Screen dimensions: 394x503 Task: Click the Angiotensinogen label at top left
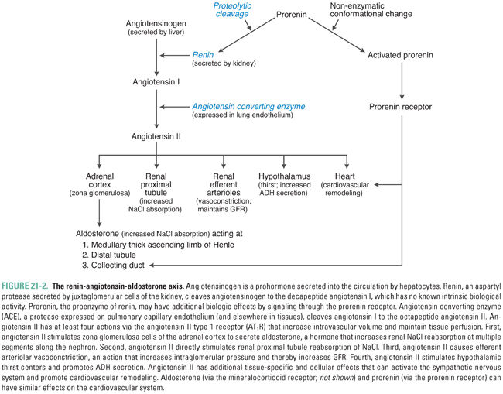(x=157, y=24)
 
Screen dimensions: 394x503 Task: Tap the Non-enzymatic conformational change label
(x=373, y=11)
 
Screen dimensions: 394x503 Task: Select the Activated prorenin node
(x=402, y=56)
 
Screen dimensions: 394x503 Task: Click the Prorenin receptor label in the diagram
(x=402, y=106)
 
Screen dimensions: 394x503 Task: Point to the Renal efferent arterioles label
(x=224, y=186)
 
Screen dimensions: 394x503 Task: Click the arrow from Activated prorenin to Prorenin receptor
(x=402, y=81)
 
